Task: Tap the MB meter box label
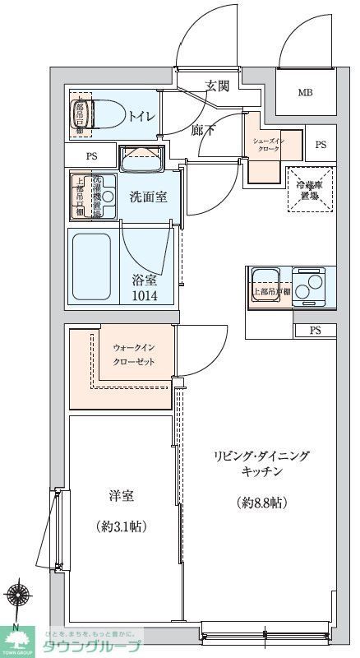point(305,91)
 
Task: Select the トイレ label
point(139,115)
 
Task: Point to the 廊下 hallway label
point(203,129)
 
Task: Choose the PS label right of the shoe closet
point(321,145)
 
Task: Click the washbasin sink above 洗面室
point(141,158)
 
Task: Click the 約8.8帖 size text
point(263,503)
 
